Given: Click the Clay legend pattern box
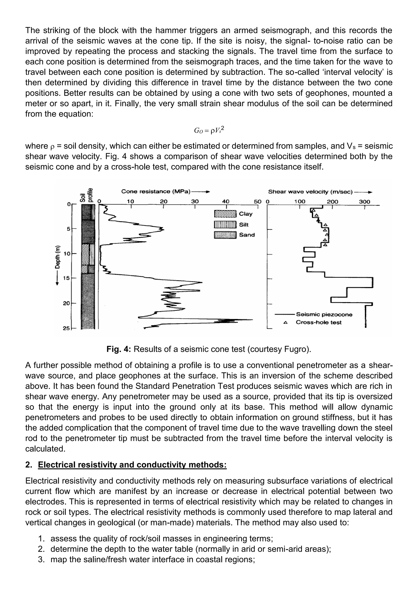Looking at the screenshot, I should pos(225,214).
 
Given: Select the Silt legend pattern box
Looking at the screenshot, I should pos(225,225).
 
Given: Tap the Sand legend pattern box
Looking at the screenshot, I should pos(225,235).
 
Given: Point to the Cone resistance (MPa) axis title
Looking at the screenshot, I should pos(156,192).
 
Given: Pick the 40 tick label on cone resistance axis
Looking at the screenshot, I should pos(226,201).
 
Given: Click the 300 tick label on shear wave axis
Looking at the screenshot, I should pos(365,202).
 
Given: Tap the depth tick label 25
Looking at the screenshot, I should pos(66,328).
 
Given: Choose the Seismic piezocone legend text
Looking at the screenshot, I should pos(324,314).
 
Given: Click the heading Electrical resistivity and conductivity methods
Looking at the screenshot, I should pos(132,465).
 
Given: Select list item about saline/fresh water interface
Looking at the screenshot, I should pos(153,559).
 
